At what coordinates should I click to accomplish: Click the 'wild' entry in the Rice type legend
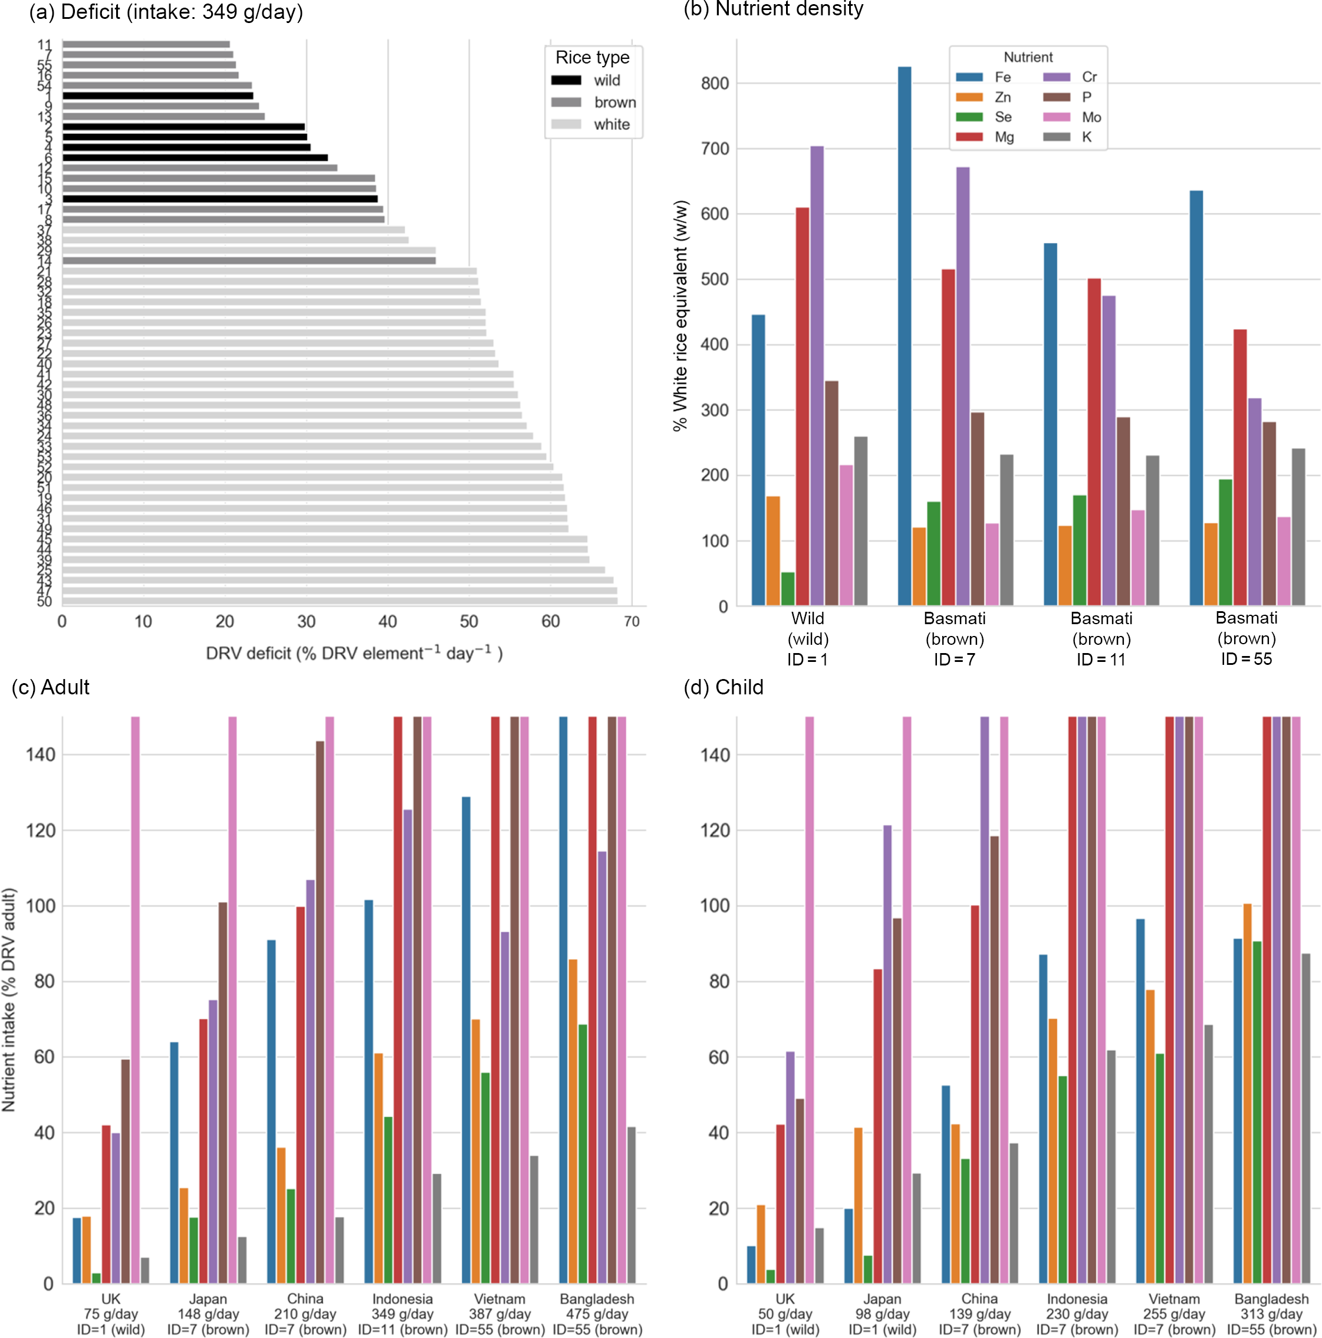click(606, 80)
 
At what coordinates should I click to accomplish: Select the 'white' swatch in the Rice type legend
click(566, 124)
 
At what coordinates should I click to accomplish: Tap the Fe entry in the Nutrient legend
click(1002, 77)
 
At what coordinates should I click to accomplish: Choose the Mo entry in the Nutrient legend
click(1091, 117)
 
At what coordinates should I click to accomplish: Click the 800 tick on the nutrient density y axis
click(714, 83)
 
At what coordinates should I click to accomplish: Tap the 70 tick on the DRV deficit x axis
click(632, 621)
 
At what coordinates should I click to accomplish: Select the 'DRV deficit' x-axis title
click(354, 653)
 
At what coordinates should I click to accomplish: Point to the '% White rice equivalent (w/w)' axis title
click(680, 316)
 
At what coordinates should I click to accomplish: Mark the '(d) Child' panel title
click(724, 687)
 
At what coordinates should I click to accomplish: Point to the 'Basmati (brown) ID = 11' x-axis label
click(1101, 638)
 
